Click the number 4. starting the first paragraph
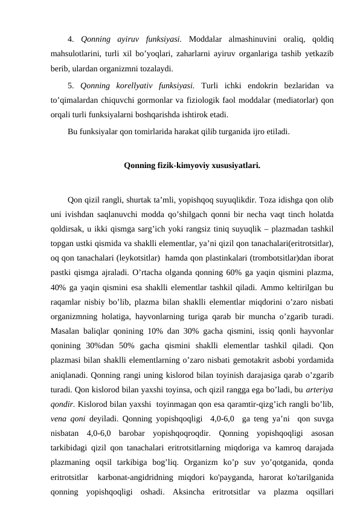(x=71, y=40)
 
